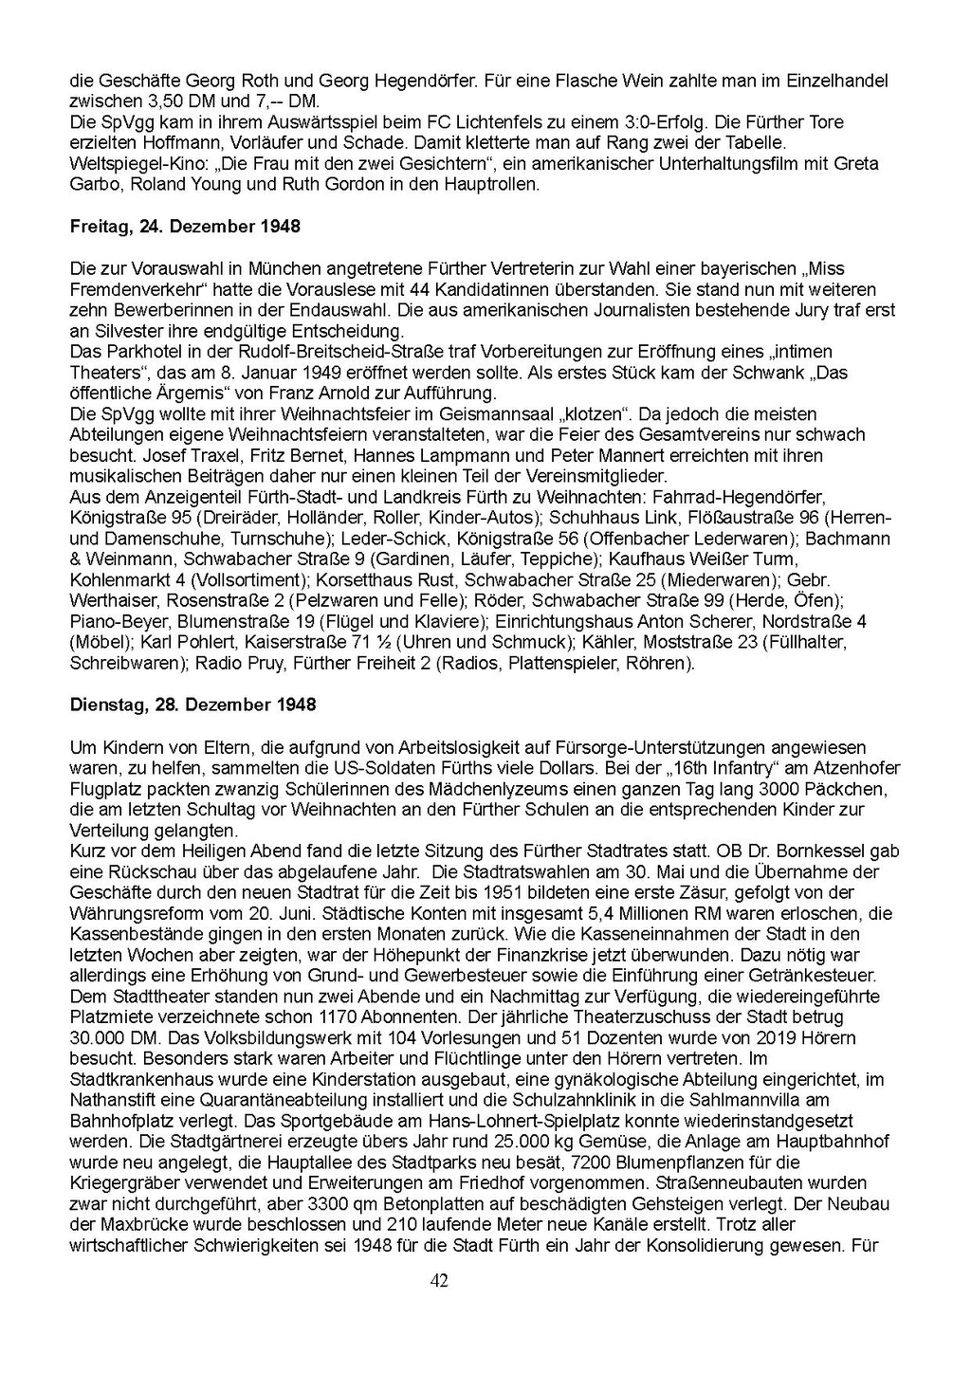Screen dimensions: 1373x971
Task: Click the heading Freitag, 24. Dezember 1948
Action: click(x=185, y=227)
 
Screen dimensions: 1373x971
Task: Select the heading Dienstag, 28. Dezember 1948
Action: click(x=193, y=705)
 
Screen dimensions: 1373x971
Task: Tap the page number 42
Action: click(x=439, y=1281)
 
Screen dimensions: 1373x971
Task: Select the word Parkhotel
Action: click(x=136, y=352)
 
